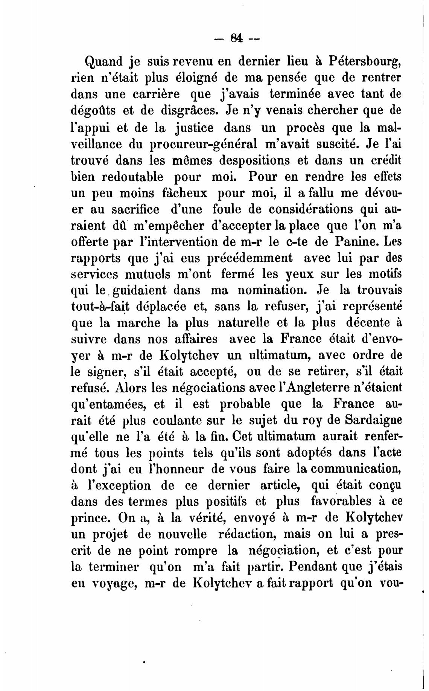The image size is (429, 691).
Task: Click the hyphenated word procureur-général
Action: (x=204, y=144)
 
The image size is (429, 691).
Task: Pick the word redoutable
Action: (x=132, y=177)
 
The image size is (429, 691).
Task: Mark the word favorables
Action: (x=342, y=502)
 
